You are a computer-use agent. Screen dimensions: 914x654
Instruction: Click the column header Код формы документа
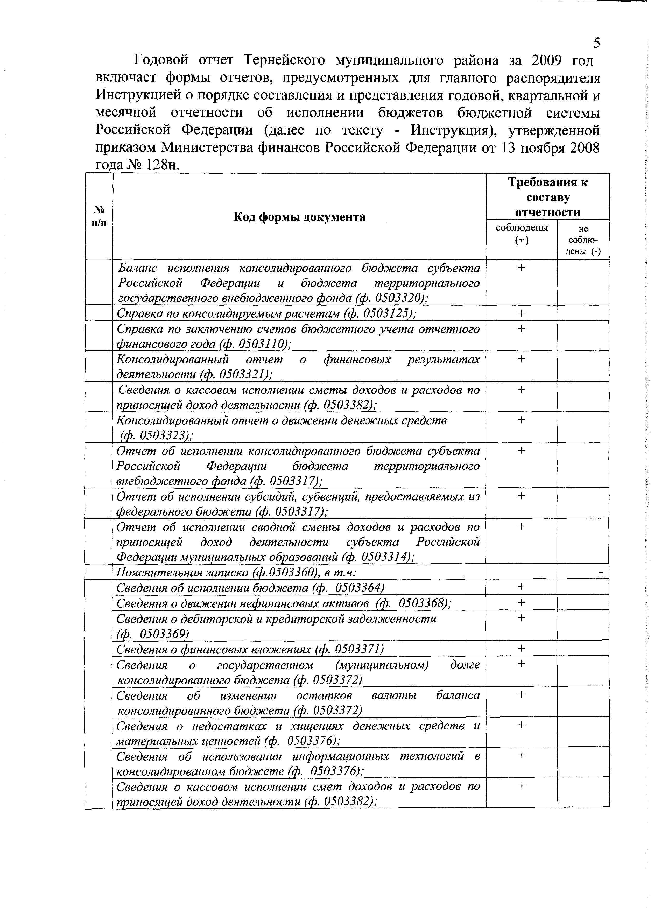pos(299,217)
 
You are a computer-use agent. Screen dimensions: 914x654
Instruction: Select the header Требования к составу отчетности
pos(548,197)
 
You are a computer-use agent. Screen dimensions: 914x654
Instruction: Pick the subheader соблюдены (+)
pos(522,234)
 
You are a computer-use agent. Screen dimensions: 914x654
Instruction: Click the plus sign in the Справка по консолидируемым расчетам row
pos(522,313)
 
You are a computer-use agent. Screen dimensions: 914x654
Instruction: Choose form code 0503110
pos(263,344)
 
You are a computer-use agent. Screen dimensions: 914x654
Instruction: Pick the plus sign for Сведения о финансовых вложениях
pos(522,648)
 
